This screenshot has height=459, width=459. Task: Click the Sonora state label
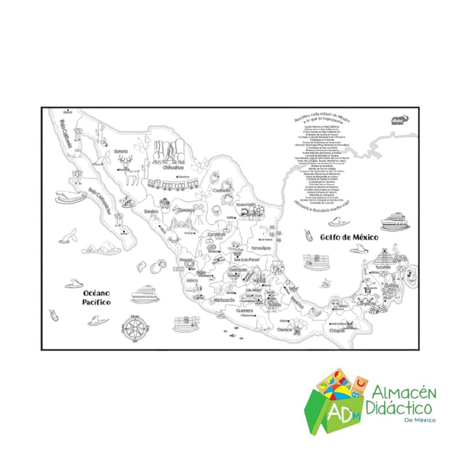[x=120, y=151]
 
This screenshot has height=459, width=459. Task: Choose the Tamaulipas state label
[x=262, y=248]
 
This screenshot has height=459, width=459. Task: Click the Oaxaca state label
[x=285, y=328]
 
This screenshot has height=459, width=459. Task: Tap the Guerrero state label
[x=245, y=311]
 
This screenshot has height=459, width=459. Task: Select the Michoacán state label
[x=225, y=301]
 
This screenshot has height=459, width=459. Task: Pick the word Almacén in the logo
[x=401, y=392]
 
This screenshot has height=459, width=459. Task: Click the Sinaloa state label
[x=151, y=210]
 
